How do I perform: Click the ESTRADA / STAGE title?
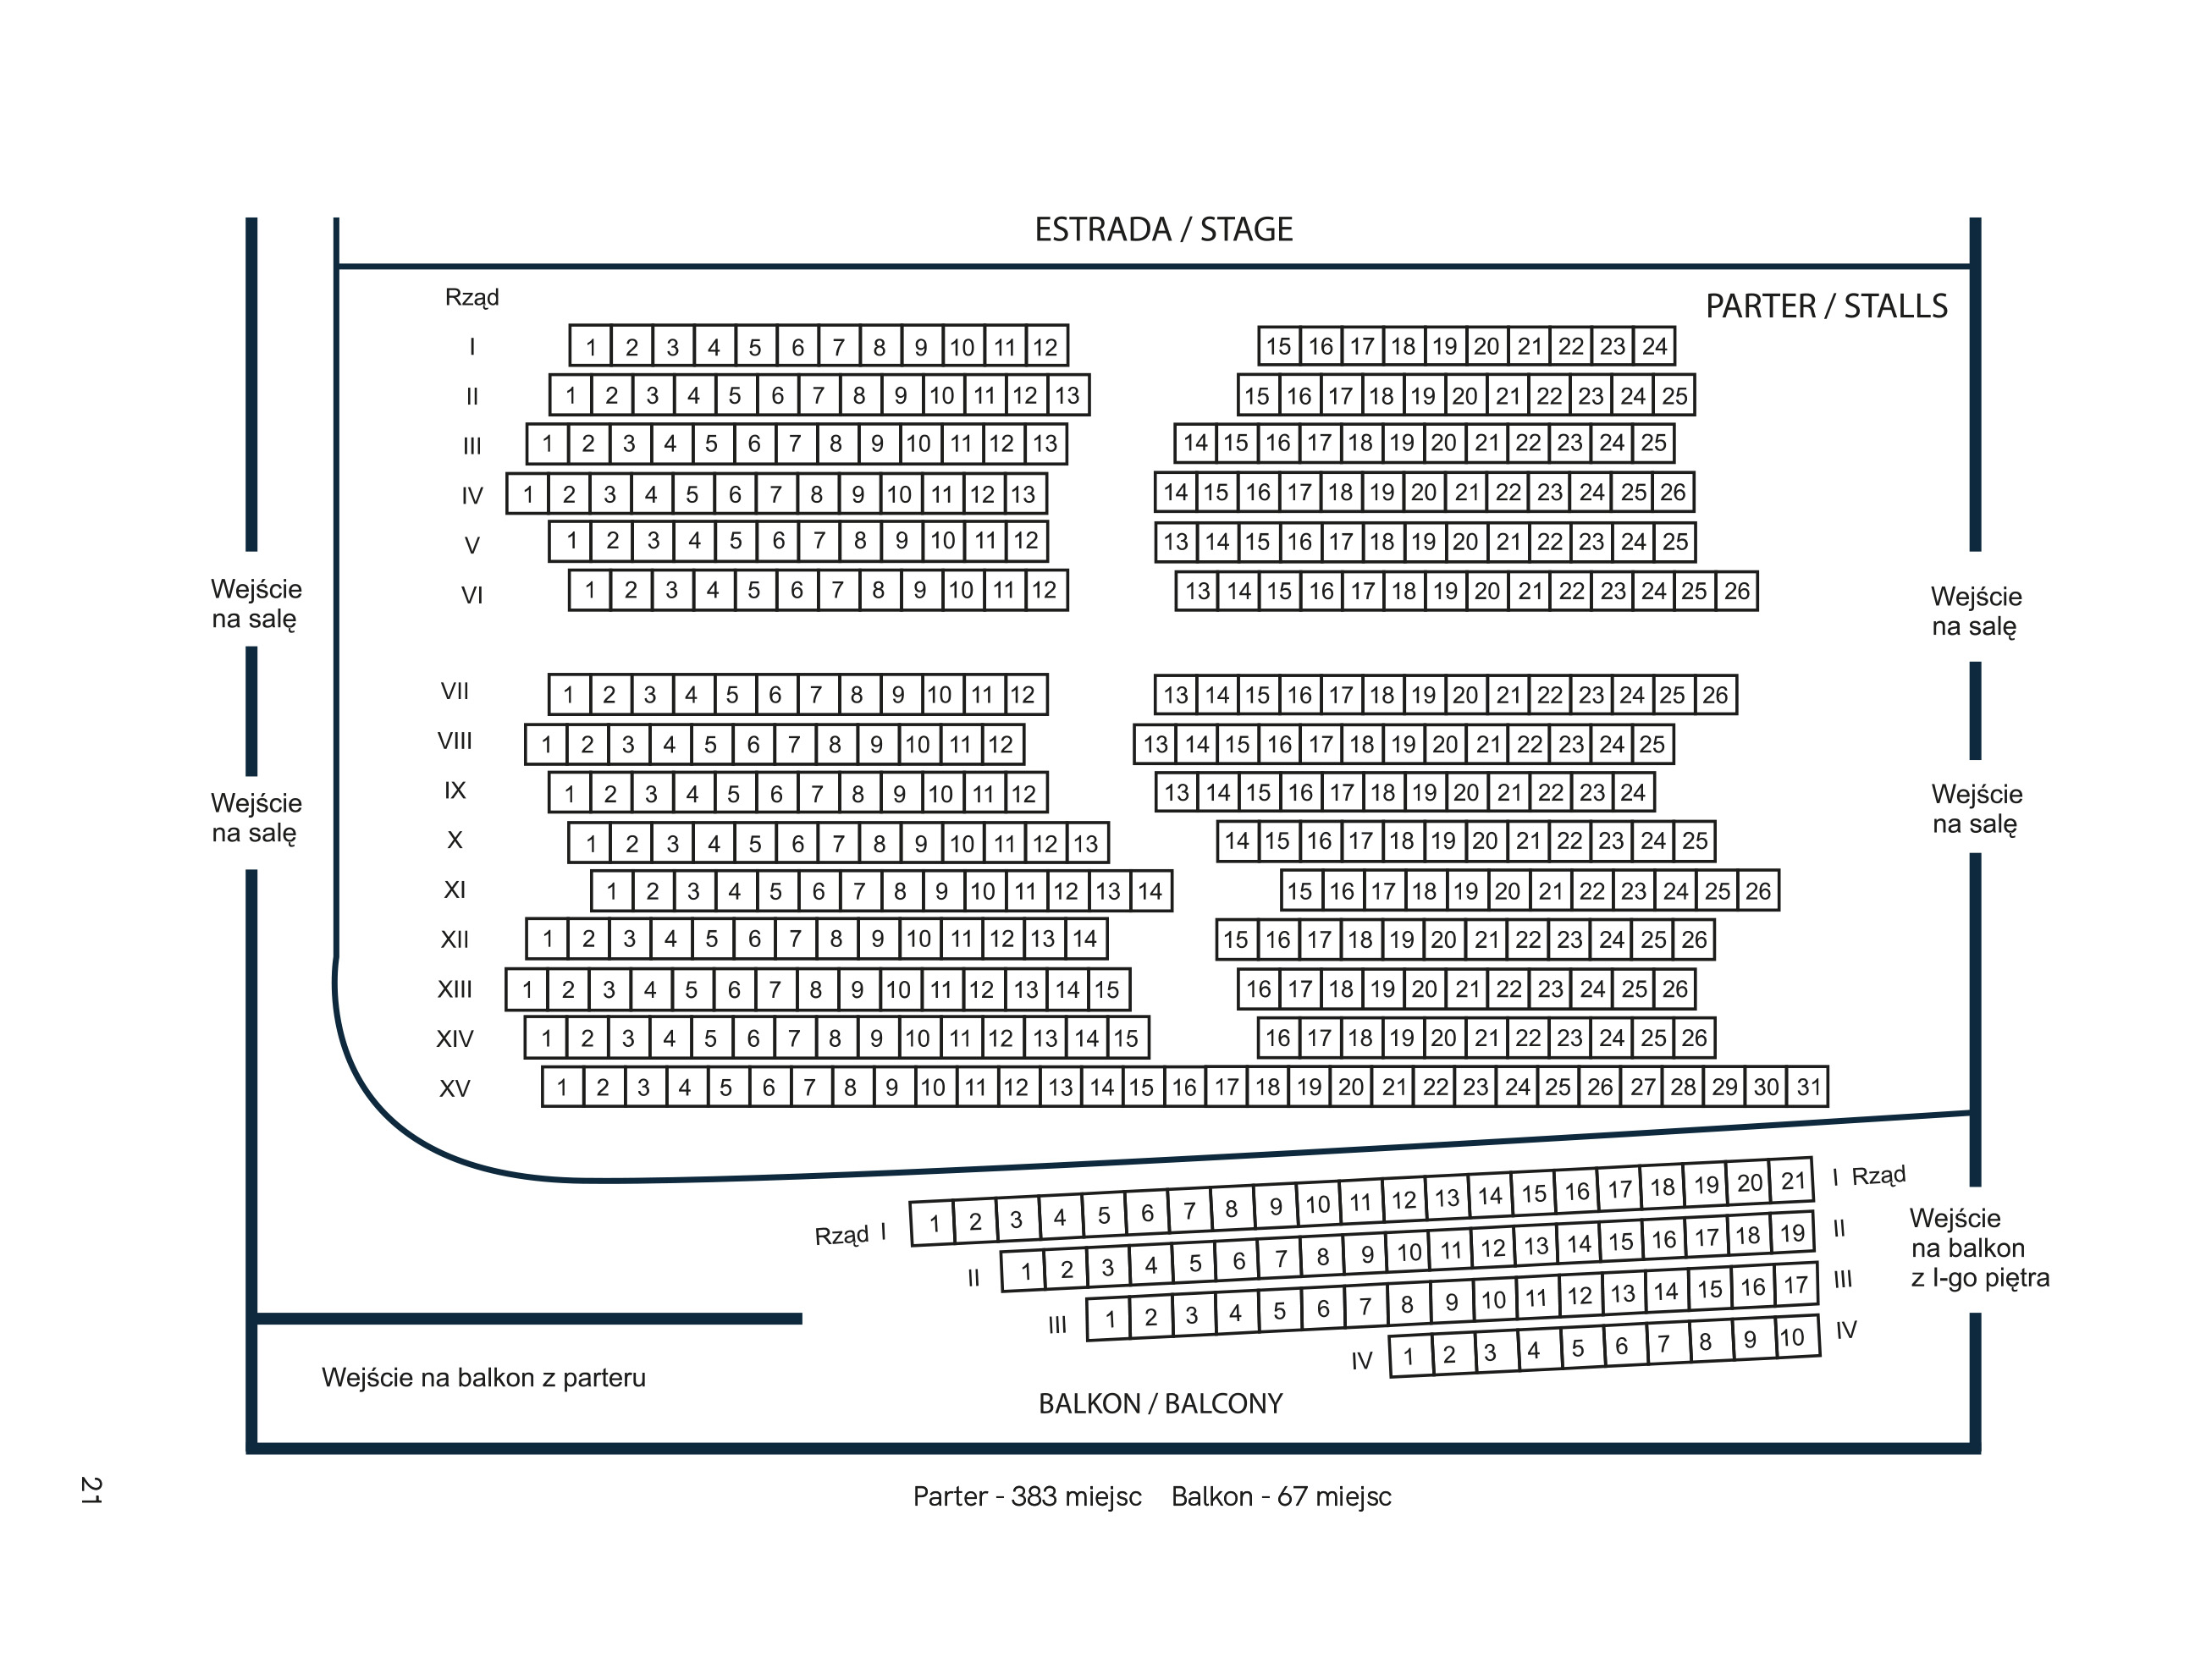[1163, 230]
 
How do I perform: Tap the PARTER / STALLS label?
[1826, 306]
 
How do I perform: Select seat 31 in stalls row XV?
[1808, 1087]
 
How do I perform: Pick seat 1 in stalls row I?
[591, 346]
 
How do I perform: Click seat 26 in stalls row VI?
[1737, 591]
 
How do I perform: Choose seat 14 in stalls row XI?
[1150, 891]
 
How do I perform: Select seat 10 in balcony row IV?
[1792, 1337]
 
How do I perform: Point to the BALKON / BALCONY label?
[1160, 1404]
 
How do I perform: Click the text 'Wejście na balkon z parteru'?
[484, 1378]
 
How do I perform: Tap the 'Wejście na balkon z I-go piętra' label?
[1979, 1248]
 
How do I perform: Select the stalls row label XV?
[455, 1088]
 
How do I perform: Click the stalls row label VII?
[455, 691]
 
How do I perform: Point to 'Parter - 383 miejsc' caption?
[1027, 1497]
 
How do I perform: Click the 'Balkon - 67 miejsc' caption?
[1281, 1497]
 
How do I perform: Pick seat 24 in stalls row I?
[1655, 346]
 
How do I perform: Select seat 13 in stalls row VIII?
[1155, 744]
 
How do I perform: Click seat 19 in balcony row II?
[1792, 1233]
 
